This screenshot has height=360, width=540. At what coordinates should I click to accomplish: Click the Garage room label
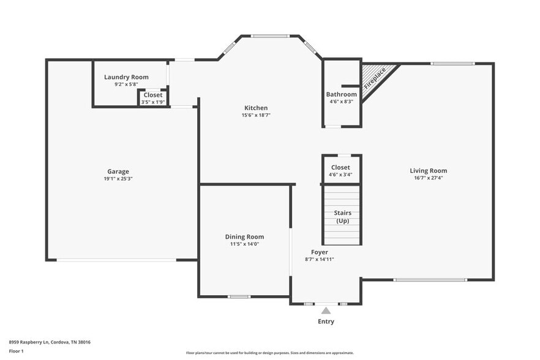(118, 171)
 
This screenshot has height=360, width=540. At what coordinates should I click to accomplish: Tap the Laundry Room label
(126, 77)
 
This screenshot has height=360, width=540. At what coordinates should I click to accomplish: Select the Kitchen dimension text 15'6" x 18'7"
(255, 115)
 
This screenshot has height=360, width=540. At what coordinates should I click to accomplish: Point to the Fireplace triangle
(374, 78)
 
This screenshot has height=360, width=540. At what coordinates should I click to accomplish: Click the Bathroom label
(341, 94)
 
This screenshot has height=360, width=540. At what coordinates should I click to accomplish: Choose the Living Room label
(429, 171)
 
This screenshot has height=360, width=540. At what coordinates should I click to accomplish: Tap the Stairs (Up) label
(342, 217)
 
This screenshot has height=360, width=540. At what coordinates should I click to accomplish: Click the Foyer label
(319, 252)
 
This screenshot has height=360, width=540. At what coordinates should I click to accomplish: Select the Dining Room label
(244, 237)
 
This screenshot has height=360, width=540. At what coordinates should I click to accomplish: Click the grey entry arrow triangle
(326, 310)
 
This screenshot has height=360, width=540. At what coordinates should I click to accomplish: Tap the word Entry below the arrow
(326, 321)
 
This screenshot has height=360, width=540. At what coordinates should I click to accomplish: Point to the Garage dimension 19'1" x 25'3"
(118, 179)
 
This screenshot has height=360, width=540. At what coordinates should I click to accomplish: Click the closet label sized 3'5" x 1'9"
(153, 95)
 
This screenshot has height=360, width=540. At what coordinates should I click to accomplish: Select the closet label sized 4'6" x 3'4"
(340, 167)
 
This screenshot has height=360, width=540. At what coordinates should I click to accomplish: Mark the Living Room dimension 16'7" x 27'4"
(429, 178)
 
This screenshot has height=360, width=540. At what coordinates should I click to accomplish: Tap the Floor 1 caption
(16, 351)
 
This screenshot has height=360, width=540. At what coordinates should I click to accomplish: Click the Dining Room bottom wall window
(239, 297)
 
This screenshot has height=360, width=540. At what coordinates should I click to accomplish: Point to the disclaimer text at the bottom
(269, 353)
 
